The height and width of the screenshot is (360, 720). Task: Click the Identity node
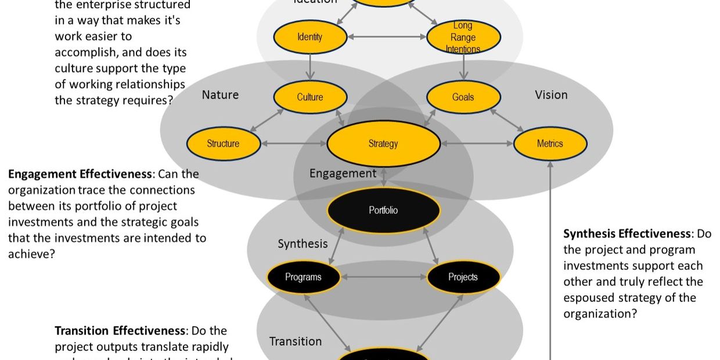pos(309,37)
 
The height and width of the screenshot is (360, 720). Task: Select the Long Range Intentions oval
pos(463,37)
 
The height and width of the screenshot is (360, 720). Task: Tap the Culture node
pos(309,97)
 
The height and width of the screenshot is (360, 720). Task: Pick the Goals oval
pos(463,97)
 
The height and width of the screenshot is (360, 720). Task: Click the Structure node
pos(223,143)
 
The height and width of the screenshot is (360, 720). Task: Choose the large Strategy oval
pos(383,143)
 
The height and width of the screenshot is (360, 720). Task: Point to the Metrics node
pos(549,143)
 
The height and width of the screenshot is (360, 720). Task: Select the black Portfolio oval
pos(383,210)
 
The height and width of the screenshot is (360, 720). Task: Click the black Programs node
pos(303,277)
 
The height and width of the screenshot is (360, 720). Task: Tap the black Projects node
pos(463,277)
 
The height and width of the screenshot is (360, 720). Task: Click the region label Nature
pos(220,95)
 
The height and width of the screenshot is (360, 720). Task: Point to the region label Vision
pos(551,95)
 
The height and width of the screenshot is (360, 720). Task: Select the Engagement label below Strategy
pos(343,173)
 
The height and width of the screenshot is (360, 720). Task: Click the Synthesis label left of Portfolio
pos(303,244)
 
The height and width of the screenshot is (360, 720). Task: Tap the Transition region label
pos(295,341)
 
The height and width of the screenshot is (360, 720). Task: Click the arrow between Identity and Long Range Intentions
pos(387,37)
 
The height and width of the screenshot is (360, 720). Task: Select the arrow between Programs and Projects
pos(383,277)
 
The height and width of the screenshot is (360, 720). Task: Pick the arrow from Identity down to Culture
pos(310,67)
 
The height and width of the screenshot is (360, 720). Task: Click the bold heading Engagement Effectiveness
pos(80,174)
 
